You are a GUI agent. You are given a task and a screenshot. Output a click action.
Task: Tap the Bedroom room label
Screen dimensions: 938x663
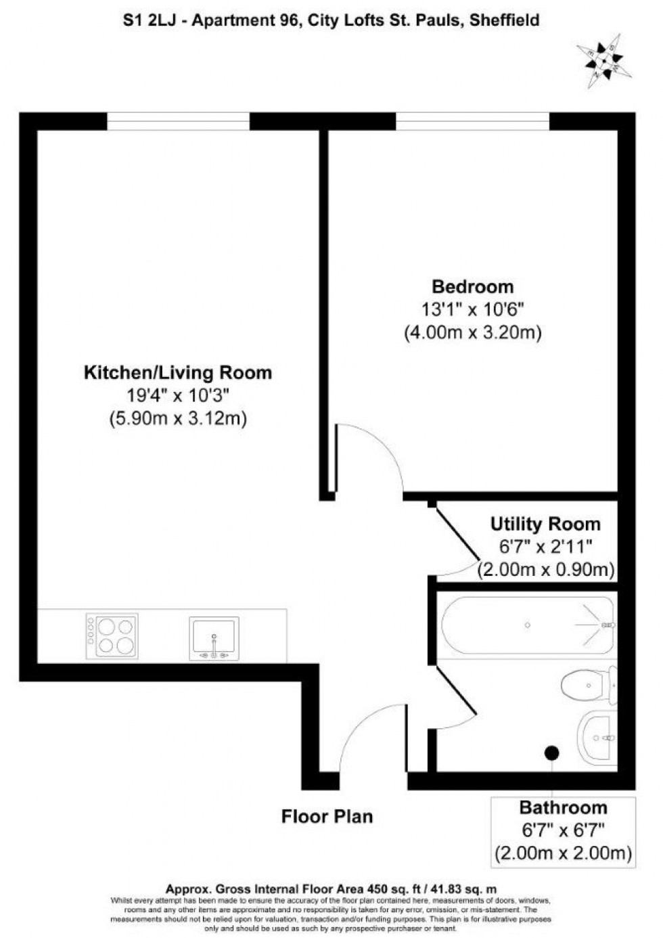coord(473,286)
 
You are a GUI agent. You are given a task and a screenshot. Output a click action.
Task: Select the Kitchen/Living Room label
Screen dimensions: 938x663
coord(178,372)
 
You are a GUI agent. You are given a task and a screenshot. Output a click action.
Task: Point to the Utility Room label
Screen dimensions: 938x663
coord(545,524)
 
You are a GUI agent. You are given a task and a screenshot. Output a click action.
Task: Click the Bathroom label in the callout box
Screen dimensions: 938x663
coord(563,807)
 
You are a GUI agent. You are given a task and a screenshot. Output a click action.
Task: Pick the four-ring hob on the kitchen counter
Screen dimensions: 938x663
coord(112,636)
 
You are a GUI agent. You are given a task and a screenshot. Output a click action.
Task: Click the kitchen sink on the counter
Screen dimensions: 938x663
coord(214,638)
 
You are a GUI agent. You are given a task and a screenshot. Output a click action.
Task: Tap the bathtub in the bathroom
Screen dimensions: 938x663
coord(528,625)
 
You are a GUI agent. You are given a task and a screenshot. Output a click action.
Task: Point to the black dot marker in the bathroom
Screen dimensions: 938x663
coord(552,752)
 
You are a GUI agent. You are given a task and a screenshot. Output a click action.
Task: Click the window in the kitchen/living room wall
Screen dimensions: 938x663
coord(179,122)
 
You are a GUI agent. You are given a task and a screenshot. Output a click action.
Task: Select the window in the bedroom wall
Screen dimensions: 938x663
coord(472,122)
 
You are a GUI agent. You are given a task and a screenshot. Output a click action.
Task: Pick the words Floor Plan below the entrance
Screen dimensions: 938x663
coord(327,816)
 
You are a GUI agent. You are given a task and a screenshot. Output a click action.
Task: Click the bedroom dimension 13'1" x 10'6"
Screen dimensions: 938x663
coord(473,309)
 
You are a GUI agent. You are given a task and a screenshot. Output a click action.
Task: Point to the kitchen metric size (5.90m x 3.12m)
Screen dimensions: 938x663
coord(178,418)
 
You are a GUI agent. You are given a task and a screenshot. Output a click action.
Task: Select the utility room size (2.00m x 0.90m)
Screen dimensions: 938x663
coord(546,569)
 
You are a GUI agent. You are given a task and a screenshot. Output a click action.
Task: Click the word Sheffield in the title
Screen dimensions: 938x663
coord(505,20)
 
